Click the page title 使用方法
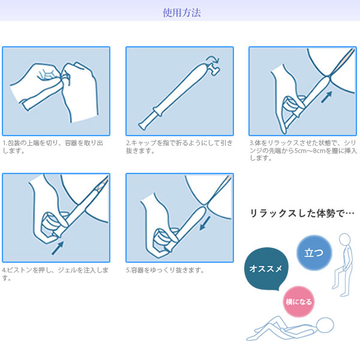pyautogui.click(x=180, y=12)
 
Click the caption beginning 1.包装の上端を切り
pyautogui.click(x=54, y=147)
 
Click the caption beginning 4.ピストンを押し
pyautogui.click(x=55, y=274)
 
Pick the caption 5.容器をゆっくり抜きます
pyautogui.click(x=166, y=271)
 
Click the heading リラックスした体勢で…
pyautogui.click(x=302, y=214)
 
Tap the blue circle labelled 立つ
pyautogui.click(x=314, y=253)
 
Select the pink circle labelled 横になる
pyautogui.click(x=298, y=302)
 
